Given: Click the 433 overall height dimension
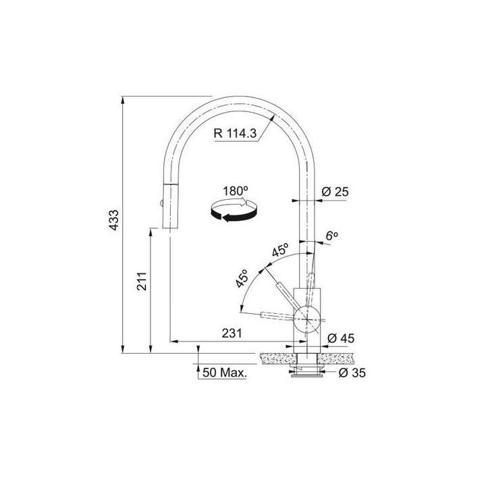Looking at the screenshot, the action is point(114,220).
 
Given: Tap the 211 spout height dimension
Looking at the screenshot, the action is point(142,281).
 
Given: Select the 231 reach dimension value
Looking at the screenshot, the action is point(232,333).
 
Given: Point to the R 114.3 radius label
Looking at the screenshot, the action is point(236,134).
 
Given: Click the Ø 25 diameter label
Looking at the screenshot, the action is point(335,192).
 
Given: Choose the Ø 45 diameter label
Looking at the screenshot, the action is point(341,338).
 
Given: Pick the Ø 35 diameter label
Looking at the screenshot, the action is point(352,373).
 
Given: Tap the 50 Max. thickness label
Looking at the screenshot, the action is point(225,373).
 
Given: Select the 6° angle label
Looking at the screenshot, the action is point(331,236).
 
